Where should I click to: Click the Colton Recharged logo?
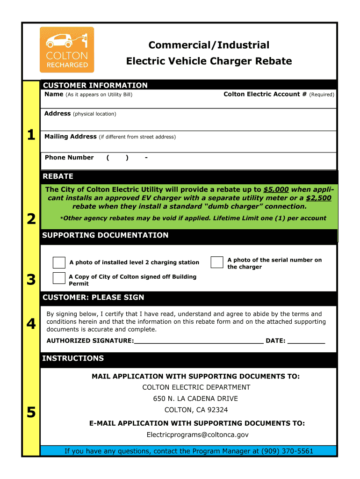click(x=67, y=50)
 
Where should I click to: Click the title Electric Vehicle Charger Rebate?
click(x=209, y=61)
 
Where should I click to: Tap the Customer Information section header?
click(x=95, y=85)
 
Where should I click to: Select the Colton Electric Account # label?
click(x=265, y=94)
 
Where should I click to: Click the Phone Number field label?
click(x=69, y=158)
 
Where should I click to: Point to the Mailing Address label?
click(x=71, y=137)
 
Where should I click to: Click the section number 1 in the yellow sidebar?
click(x=31, y=135)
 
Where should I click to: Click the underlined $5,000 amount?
click(x=276, y=189)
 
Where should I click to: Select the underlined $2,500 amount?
click(x=318, y=198)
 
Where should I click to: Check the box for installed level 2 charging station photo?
click(x=59, y=262)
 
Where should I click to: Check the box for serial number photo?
click(x=217, y=262)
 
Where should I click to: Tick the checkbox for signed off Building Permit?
click(x=59, y=278)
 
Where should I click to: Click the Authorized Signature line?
click(x=199, y=341)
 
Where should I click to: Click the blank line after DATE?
click(x=306, y=341)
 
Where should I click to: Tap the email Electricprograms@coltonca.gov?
click(x=197, y=435)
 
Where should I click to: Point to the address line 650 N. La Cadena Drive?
click(x=195, y=399)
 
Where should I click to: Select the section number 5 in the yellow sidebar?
click(x=31, y=413)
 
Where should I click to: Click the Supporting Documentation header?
click(x=105, y=235)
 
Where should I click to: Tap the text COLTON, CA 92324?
click(x=196, y=410)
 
